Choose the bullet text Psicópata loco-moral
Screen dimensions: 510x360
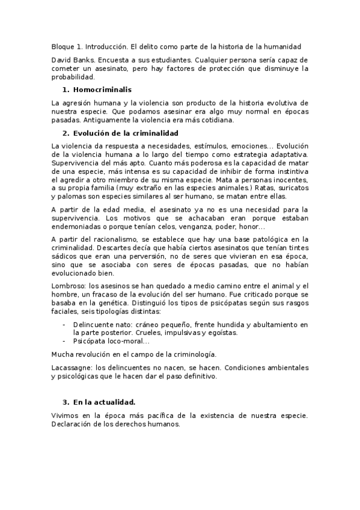(110, 341)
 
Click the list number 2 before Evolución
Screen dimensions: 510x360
(66, 132)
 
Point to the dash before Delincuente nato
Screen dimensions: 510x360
(64, 325)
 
